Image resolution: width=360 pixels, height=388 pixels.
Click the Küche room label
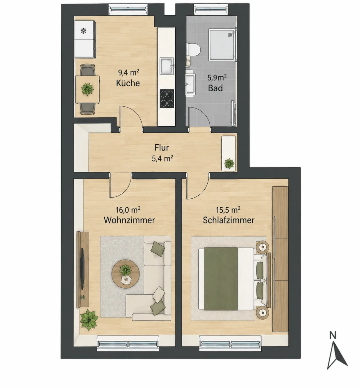coord(128,83)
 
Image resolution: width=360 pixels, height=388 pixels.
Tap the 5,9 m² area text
coord(217,78)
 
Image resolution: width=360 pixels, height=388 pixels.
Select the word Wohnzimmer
coord(129,220)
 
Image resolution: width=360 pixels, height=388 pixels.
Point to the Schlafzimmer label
coord(229,220)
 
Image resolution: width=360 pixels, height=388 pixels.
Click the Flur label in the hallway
coord(162,148)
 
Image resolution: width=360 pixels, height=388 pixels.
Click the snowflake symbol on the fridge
coord(84,31)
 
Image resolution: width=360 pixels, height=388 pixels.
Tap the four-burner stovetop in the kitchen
coord(167,99)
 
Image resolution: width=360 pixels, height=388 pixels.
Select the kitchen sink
coord(167,66)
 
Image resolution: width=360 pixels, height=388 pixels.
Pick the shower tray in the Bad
coord(222,45)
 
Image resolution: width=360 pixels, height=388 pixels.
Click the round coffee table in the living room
coord(125,274)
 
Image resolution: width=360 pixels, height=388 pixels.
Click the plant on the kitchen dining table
coord(88,89)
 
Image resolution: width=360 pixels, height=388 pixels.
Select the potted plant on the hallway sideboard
coord(229,164)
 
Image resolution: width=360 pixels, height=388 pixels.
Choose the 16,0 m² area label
coord(128,210)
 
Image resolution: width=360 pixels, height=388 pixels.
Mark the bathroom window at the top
coord(211,9)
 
